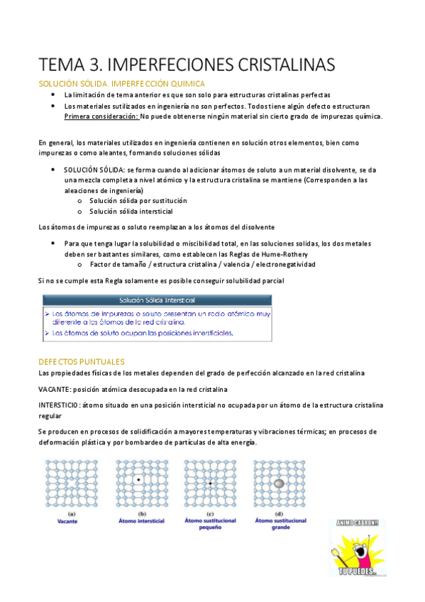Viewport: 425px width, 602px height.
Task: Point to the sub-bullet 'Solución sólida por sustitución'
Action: (138, 201)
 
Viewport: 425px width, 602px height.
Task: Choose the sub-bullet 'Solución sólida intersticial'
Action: (131, 212)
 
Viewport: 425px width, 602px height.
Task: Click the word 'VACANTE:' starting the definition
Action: (55, 389)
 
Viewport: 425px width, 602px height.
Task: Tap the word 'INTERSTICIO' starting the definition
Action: (58, 405)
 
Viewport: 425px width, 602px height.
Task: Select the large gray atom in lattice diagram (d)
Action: (279, 482)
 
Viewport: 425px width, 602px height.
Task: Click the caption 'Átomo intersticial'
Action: (141, 521)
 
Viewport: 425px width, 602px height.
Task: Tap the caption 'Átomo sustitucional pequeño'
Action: (211, 525)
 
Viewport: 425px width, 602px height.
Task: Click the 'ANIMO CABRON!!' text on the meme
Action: (358, 524)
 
